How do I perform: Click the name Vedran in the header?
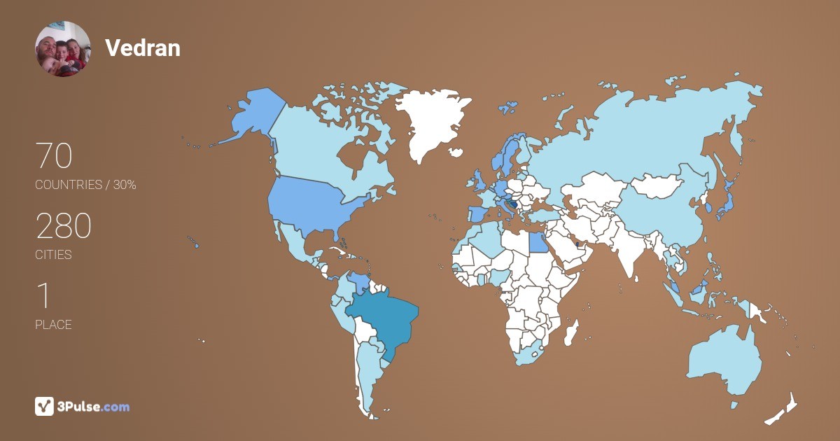pyautogui.click(x=142, y=48)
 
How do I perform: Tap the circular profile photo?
pyautogui.click(x=62, y=48)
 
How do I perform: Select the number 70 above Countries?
pyautogui.click(x=53, y=155)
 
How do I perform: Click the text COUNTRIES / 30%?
pyautogui.click(x=85, y=185)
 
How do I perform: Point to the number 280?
pyautogui.click(x=63, y=226)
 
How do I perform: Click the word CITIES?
pyautogui.click(x=53, y=255)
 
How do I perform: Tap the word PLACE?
pyautogui.click(x=53, y=325)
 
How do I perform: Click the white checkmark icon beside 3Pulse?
pyautogui.click(x=44, y=406)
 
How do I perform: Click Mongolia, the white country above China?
pyautogui.click(x=658, y=186)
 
